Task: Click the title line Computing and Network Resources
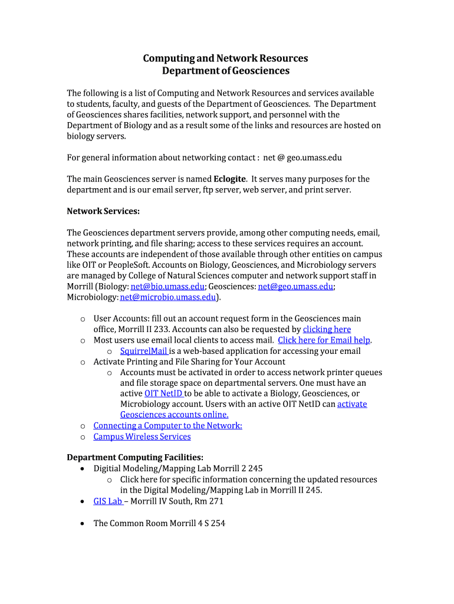(226, 58)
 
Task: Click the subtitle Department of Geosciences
(226, 71)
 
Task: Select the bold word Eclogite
(230, 179)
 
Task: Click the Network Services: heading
(103, 211)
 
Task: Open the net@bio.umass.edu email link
(167, 287)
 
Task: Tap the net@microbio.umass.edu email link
(168, 297)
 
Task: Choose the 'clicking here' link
(327, 330)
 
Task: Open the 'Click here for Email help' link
(324, 340)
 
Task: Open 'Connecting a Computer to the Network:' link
(167, 425)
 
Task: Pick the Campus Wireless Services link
(142, 436)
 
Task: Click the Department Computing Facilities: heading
(135, 458)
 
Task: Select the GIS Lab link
(108, 501)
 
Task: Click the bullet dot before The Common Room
(81, 523)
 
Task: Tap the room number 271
(215, 501)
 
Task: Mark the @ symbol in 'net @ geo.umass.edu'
(281, 158)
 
